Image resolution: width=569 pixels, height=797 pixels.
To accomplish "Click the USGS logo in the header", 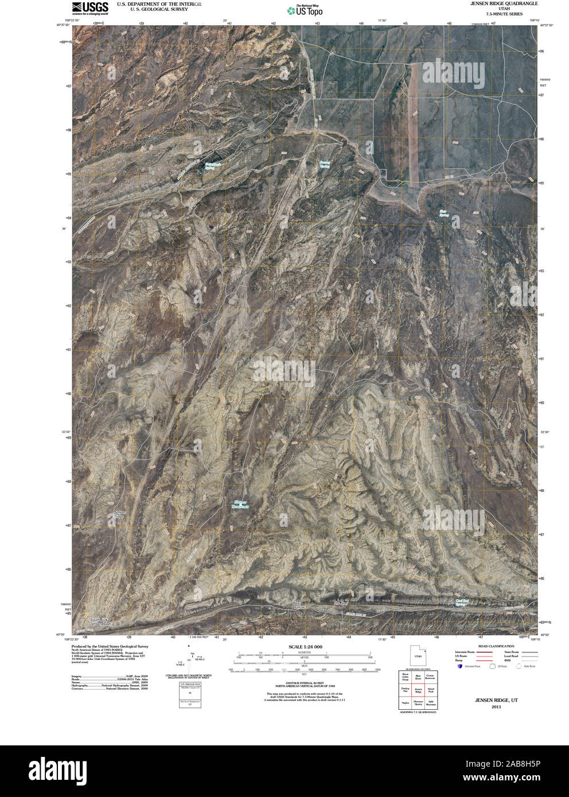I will click(x=90, y=7).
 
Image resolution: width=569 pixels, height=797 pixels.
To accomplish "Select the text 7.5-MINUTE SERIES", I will click(x=504, y=14).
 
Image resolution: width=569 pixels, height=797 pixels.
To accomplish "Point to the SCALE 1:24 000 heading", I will click(x=305, y=647).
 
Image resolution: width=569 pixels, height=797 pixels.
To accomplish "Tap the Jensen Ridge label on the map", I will click(x=119, y=514).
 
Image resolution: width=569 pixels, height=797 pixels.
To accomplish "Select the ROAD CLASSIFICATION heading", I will click(x=492, y=646).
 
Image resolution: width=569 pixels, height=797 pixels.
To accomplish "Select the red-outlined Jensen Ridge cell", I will click(x=418, y=692).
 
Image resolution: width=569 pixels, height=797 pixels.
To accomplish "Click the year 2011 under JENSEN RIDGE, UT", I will click(x=496, y=706).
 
